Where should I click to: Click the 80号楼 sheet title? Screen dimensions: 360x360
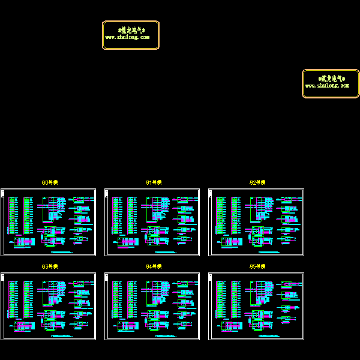click(49, 182)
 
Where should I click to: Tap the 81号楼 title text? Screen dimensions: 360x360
click(154, 182)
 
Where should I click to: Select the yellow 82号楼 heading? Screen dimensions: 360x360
click(257, 182)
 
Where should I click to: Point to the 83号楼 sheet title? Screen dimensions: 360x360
click(49, 266)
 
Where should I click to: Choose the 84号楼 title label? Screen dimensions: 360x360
click(154, 266)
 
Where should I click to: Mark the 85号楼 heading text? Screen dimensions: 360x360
click(257, 266)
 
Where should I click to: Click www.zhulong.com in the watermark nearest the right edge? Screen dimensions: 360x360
click(327, 86)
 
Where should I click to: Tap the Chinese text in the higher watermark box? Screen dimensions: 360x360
click(131, 30)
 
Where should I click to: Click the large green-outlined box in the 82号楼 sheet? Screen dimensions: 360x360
click(255, 210)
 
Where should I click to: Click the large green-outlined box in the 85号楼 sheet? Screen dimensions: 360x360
click(255, 294)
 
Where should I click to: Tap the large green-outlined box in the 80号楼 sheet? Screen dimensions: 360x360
click(47, 210)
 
